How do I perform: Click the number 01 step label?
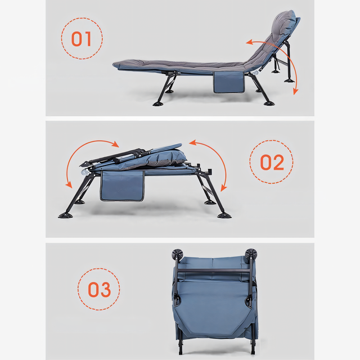coord(81,39)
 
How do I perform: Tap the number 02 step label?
coord(272,162)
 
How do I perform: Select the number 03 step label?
coord(100,289)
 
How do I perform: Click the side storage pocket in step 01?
coord(229,82)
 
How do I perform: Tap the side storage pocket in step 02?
coord(122,186)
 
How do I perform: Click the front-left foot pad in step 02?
coord(65,215)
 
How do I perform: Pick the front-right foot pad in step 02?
coord(224,215)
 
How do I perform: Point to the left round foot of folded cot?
coord(177,254)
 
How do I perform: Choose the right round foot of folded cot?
coord(251,254)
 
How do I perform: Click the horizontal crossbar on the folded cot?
coord(213,271)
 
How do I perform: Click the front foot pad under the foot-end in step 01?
coord(158,103)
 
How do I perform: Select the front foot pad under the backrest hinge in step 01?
coord(269,103)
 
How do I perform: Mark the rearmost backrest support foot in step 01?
coord(289,80)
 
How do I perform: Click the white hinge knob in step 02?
coord(84,172)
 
